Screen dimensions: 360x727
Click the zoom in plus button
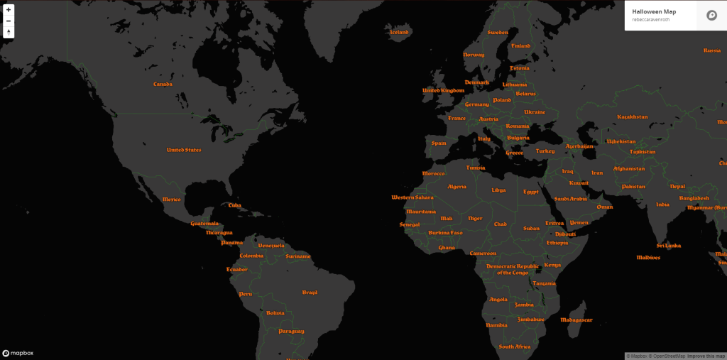pos(9,10)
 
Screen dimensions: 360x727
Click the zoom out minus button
pos(9,21)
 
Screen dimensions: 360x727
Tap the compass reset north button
pos(9,32)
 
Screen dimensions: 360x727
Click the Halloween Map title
pos(654,11)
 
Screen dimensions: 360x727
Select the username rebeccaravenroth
pos(651,19)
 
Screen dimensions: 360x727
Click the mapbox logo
pos(18,353)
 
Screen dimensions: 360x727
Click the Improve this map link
pos(706,356)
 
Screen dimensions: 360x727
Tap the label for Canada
pos(163,84)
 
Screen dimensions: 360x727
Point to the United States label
pos(184,150)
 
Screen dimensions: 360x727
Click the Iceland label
pos(400,32)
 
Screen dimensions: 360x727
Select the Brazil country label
pos(310,293)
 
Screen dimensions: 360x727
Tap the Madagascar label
pos(576,320)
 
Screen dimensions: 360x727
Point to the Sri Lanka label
pos(668,246)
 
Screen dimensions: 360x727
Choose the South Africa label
pos(514,347)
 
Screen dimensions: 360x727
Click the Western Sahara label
pos(412,197)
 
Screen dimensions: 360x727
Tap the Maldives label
pos(648,258)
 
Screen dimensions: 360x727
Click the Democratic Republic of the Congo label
pos(513,269)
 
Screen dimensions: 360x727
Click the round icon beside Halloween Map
pos(711,15)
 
